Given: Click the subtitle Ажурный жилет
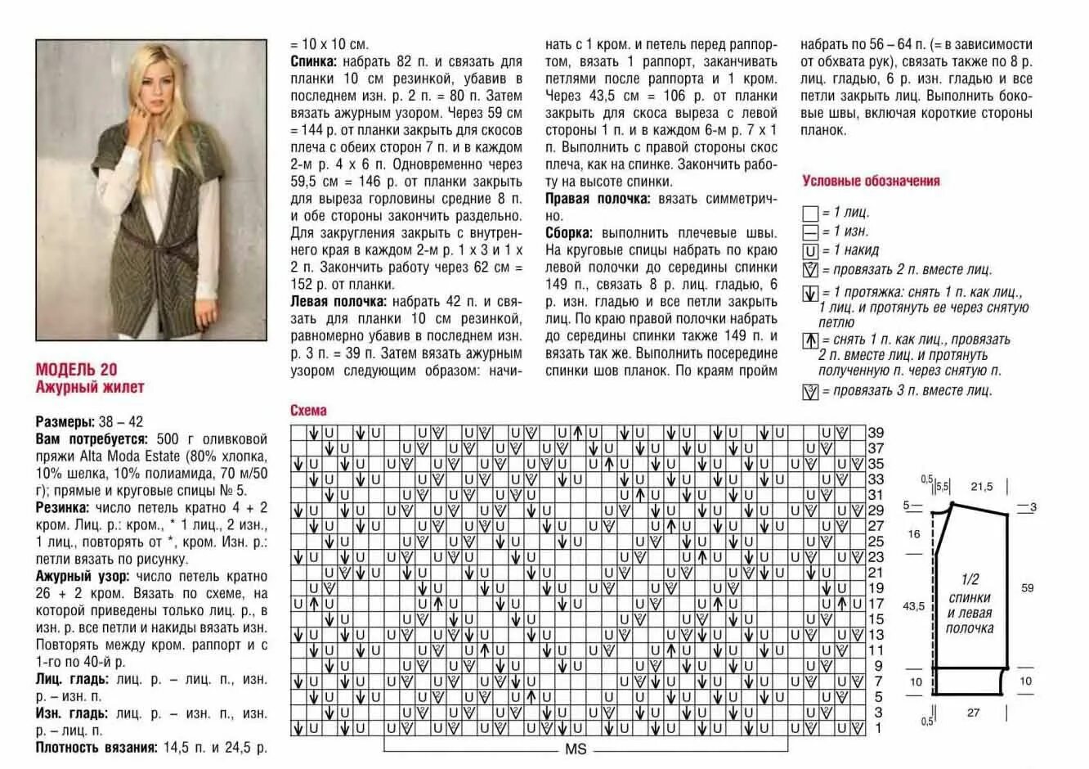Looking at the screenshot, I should click(89, 387).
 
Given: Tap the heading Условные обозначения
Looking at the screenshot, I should click(871, 181).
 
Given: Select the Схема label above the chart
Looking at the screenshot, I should click(308, 411).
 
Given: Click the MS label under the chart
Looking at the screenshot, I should click(576, 749).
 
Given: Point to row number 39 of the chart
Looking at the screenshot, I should click(876, 433).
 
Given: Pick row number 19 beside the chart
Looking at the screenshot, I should click(876, 588).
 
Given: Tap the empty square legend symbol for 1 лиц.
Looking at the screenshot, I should click(810, 214).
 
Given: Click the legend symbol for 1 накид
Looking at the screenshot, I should click(810, 251).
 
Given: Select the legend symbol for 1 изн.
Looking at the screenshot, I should click(810, 232).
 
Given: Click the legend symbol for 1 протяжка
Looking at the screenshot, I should click(810, 293).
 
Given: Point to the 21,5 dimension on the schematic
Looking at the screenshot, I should click(981, 487).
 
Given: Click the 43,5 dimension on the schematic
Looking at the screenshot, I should click(913, 606).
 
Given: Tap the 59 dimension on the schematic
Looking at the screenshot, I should click(1027, 587).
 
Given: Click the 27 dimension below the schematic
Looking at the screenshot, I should click(973, 713).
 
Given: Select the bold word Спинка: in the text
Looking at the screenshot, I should click(313, 61).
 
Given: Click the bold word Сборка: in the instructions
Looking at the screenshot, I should click(569, 232).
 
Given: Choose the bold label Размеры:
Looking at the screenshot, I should click(65, 422).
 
